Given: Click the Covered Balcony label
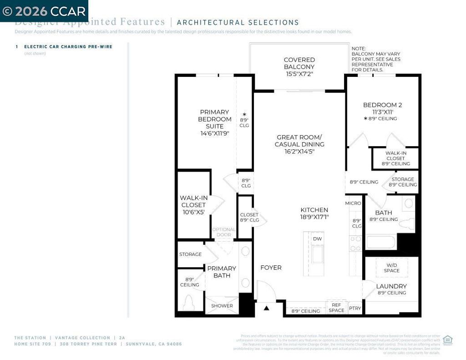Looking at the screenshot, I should click(x=299, y=63).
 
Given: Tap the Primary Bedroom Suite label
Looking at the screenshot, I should click(x=214, y=119).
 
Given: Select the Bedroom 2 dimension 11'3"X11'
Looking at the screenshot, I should click(x=382, y=112).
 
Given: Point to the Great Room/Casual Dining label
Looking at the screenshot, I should click(x=299, y=141).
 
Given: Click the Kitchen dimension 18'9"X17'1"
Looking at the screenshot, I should click(x=314, y=217).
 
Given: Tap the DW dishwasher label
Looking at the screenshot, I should click(x=317, y=238).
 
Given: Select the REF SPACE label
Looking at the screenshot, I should click(x=336, y=308).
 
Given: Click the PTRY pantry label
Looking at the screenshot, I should click(x=355, y=308).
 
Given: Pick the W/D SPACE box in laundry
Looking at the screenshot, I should click(x=391, y=268).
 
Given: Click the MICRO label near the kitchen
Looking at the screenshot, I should click(x=353, y=203).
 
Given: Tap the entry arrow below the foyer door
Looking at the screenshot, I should click(x=267, y=308).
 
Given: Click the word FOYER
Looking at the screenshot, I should click(x=271, y=268).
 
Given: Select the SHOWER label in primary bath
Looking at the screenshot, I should click(x=222, y=306).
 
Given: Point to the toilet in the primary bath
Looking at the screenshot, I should click(x=188, y=302).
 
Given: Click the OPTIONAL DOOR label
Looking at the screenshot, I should click(x=224, y=232).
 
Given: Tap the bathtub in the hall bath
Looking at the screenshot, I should click(x=381, y=242).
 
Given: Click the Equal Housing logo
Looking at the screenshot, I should click(x=447, y=340).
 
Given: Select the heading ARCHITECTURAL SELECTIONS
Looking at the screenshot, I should click(x=238, y=22).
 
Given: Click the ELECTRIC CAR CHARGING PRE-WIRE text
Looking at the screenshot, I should click(x=68, y=46).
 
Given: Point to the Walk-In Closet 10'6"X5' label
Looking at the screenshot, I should click(x=193, y=205).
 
